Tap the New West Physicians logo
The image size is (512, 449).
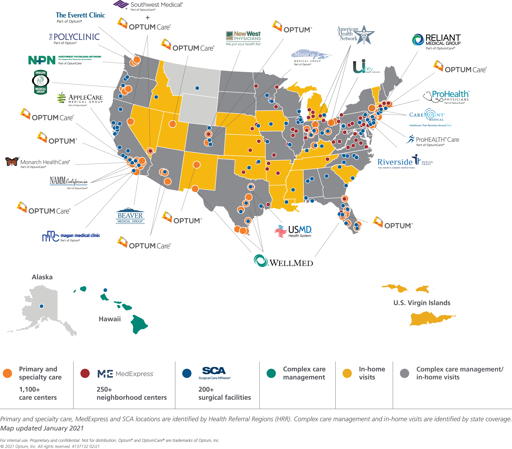click(x=243, y=38)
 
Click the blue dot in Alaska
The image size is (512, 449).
click(x=42, y=306)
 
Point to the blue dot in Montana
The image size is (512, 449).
click(x=197, y=88)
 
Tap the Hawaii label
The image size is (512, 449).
click(x=110, y=319)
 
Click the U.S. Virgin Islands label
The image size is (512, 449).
click(x=422, y=303)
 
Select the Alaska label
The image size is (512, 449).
click(x=42, y=277)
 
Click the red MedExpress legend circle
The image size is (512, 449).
click(x=85, y=373)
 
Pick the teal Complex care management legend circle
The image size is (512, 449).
click(x=271, y=373)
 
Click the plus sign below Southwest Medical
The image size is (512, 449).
click(x=147, y=18)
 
